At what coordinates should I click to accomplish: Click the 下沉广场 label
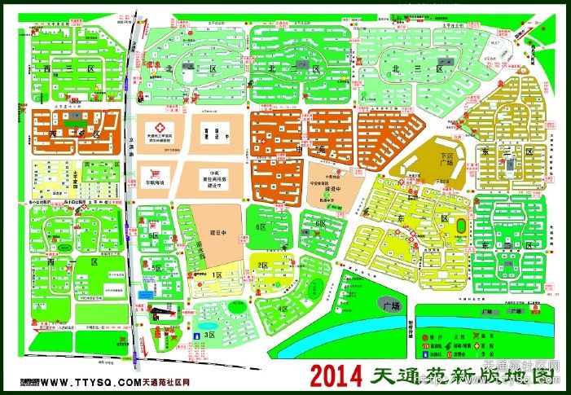(445, 157)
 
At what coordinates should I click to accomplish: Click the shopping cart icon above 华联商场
(152, 172)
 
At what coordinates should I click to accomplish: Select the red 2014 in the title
(337, 377)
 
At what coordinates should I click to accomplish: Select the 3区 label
(209, 335)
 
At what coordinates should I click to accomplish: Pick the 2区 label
(262, 266)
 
